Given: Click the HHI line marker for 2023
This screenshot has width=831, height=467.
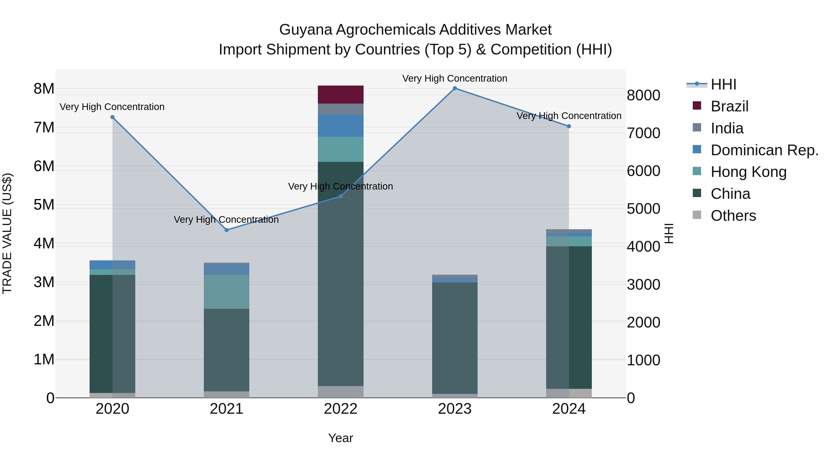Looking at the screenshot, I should point(455,88).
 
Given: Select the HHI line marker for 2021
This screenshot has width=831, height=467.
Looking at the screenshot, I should point(226,230).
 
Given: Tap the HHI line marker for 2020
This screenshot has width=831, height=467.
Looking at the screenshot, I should point(112,117).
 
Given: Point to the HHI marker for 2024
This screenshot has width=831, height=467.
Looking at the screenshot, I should point(569,126).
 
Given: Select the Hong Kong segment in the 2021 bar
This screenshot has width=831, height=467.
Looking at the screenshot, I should point(226,292).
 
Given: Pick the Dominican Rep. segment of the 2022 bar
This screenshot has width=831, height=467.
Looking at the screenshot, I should point(341,126).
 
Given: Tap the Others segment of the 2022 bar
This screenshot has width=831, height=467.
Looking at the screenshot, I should point(341,392).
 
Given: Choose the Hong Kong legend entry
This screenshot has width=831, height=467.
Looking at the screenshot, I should point(748,172).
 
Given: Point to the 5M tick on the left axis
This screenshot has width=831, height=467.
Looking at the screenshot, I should point(44,205).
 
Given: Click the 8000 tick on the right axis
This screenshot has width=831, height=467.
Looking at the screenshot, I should point(644,95).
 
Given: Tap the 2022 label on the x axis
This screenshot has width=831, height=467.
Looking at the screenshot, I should point(341,409).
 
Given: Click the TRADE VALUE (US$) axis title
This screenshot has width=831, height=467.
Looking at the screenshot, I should point(7,233).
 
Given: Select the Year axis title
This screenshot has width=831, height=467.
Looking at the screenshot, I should point(341,438).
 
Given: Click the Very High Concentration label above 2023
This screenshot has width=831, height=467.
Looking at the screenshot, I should point(455,78).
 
